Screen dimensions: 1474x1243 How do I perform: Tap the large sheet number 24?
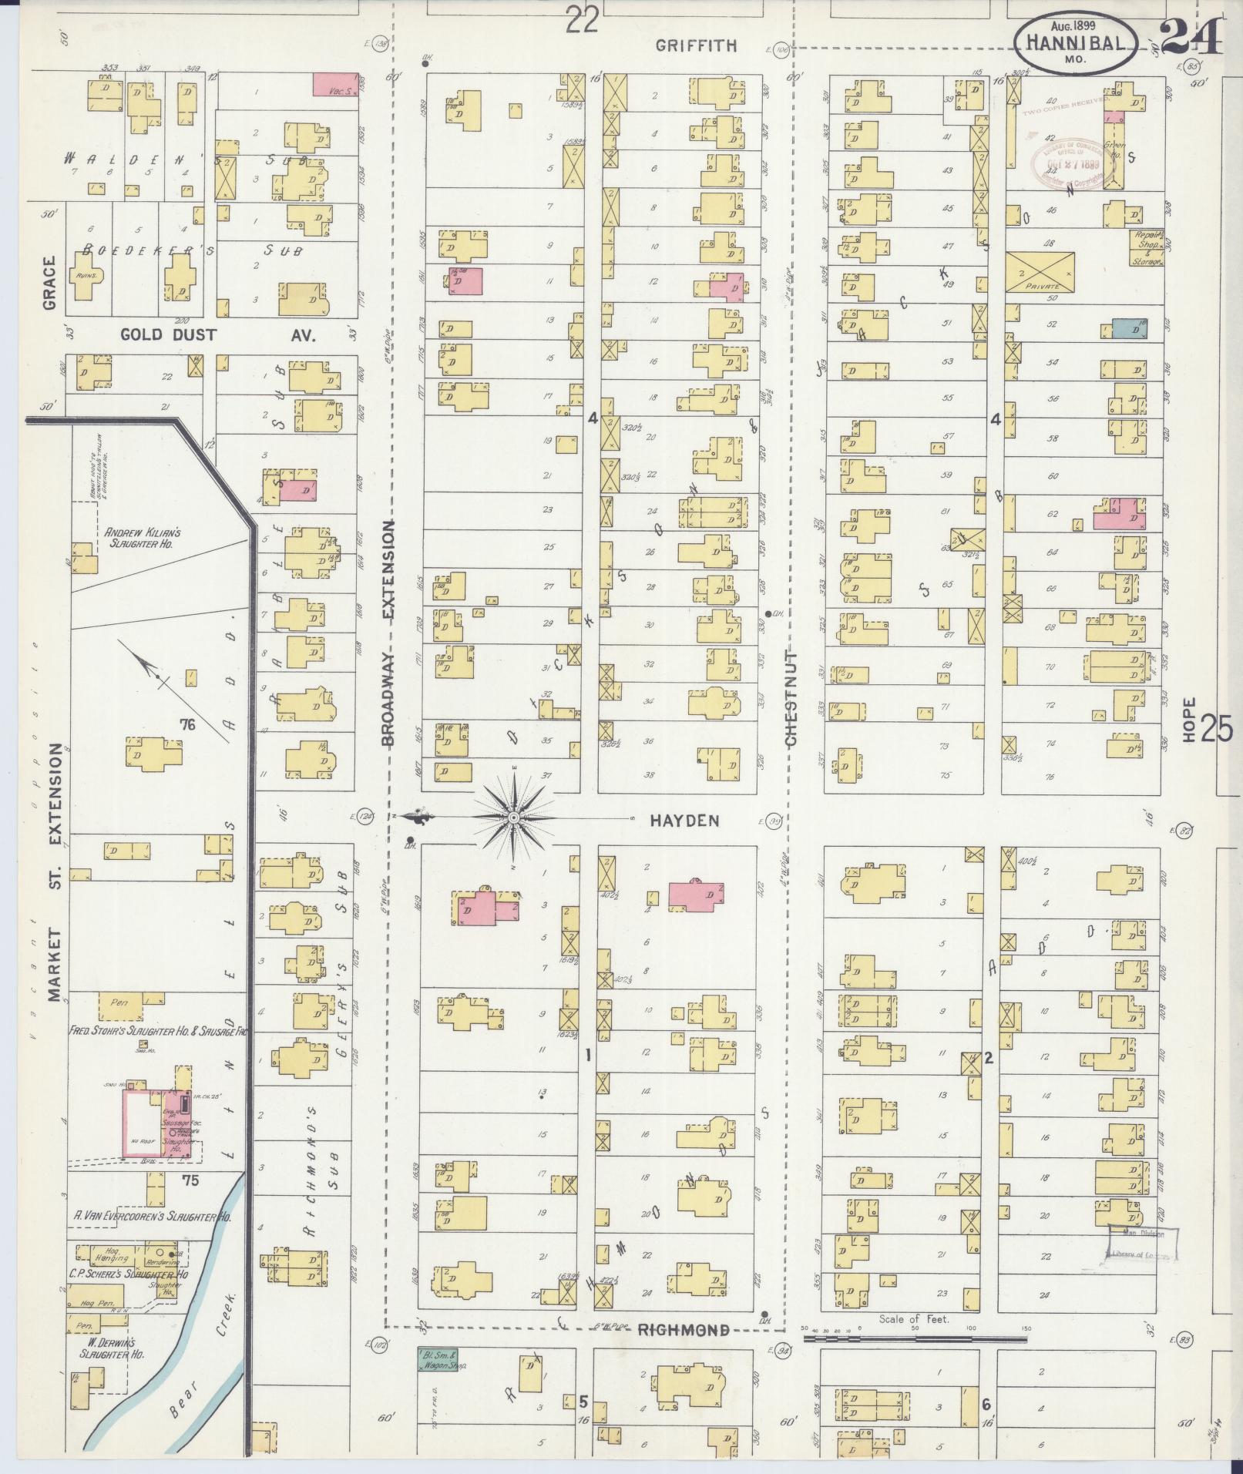click(1190, 34)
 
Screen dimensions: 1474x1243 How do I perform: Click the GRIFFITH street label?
click(696, 46)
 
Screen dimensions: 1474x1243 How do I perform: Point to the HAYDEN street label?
click(684, 821)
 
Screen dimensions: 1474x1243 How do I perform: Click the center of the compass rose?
click(513, 817)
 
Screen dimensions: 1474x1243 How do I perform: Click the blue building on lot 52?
click(1129, 328)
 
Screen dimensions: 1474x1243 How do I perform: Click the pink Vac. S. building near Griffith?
click(335, 85)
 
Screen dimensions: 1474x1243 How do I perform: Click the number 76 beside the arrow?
click(185, 724)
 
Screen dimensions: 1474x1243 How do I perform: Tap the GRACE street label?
click(50, 283)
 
